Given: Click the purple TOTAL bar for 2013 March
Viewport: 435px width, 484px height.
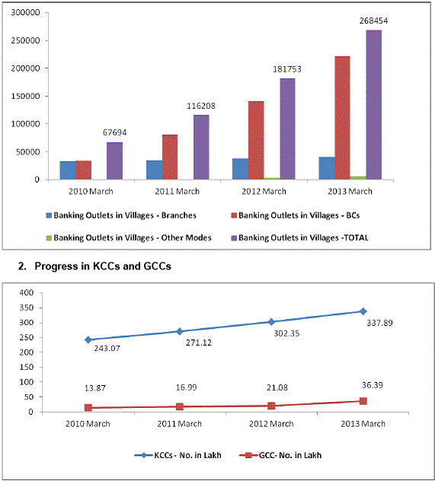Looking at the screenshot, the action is [x=374, y=105].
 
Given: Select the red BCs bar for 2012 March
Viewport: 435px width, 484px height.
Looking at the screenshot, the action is [x=256, y=140].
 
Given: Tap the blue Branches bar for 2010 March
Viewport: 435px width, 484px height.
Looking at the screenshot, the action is [x=68, y=170].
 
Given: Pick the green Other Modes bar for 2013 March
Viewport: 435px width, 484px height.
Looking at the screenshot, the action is [x=358, y=178].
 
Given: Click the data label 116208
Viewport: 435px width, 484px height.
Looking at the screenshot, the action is [x=201, y=106].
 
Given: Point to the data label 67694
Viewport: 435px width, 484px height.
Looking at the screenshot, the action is [x=114, y=132].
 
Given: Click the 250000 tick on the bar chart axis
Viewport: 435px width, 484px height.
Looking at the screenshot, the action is [x=26, y=40].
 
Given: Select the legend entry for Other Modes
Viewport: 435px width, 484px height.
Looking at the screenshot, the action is [x=129, y=237].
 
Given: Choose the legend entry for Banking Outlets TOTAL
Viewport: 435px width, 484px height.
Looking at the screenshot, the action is [x=299, y=237].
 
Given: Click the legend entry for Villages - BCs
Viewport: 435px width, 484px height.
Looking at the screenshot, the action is [x=296, y=215].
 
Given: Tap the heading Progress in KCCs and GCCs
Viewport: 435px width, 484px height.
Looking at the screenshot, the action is [x=103, y=266].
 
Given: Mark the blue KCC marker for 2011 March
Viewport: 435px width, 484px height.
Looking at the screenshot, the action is [x=180, y=331].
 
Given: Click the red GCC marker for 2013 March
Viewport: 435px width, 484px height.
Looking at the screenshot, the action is [x=363, y=401].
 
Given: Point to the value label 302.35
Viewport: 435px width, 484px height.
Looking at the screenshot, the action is [x=286, y=333].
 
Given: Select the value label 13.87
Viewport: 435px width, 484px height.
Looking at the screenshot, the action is [x=95, y=388].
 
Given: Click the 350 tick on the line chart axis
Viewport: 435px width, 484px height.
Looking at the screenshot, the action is [x=27, y=307].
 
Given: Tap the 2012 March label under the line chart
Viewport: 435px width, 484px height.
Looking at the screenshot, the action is [x=271, y=424].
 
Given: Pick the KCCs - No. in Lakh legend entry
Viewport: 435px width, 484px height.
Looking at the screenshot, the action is [x=178, y=455].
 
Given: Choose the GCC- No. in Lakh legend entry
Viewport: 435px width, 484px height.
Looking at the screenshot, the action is [x=280, y=455].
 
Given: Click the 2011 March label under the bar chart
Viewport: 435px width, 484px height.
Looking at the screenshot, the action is [x=177, y=191].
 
